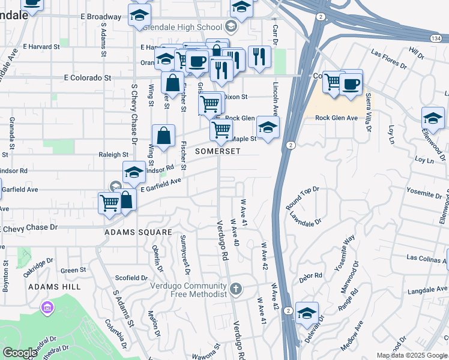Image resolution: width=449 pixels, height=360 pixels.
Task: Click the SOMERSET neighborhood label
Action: pos(217,151)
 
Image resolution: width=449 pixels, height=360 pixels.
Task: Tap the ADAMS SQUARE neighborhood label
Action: pos(138,232)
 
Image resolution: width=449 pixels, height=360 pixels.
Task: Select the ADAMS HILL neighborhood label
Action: pos(54,287)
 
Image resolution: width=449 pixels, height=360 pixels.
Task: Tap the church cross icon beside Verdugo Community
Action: pos(236,290)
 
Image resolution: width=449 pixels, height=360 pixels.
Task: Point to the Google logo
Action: pos(20,353)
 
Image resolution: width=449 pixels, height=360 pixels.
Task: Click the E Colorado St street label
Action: pos(88,77)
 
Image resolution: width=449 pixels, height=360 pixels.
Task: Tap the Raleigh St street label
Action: pos(113,154)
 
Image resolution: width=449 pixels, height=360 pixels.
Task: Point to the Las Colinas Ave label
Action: pos(426,257)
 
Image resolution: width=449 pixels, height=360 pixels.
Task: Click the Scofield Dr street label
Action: pos(131,278)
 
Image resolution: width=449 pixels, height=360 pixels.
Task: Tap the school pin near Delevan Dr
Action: pos(307,313)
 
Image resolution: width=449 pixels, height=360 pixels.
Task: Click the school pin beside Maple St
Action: pos(268,127)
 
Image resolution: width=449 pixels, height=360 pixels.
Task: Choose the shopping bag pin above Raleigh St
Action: pos(163,136)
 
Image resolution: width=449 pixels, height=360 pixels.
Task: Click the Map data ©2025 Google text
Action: pos(412,355)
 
